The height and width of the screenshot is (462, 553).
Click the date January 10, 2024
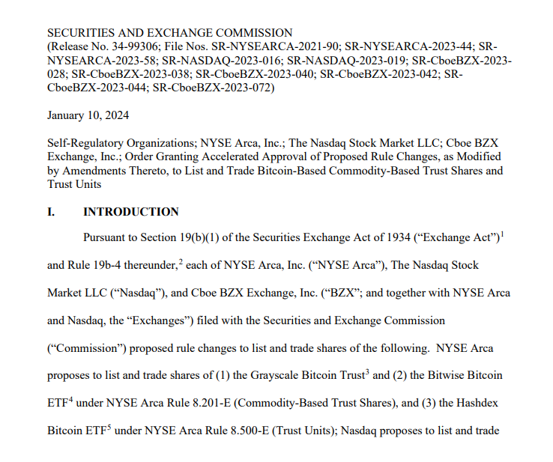tap(88, 115)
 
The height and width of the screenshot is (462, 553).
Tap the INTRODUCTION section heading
tap(130, 212)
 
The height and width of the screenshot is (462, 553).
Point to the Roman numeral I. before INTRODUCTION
tap(51, 212)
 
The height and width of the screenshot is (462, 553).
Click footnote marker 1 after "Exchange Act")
tap(502, 234)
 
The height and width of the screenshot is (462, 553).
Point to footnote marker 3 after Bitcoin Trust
tap(368, 369)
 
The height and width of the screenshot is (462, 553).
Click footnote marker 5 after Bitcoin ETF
tap(109, 425)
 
